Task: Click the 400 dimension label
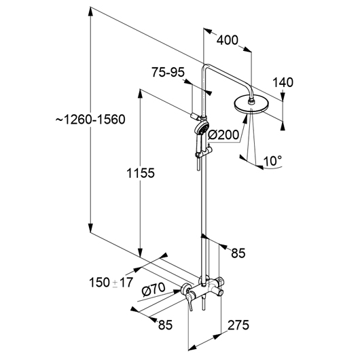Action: tap(228, 40)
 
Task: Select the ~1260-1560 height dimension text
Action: tap(90, 120)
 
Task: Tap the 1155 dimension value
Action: tap(141, 173)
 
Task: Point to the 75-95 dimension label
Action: tap(168, 72)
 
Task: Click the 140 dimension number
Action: tap(283, 82)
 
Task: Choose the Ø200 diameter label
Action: tap(223, 134)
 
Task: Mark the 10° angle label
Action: tap(273, 161)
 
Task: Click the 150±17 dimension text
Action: tap(111, 283)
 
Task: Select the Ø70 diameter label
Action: tap(154, 290)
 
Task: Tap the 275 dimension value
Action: tap(238, 325)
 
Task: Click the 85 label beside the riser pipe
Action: tap(238, 253)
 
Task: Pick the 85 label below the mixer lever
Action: tap(165, 325)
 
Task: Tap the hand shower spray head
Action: tap(201, 128)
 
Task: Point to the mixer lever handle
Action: tap(190, 301)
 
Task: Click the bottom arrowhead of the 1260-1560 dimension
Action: tap(91, 228)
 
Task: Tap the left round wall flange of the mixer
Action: tap(186, 289)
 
